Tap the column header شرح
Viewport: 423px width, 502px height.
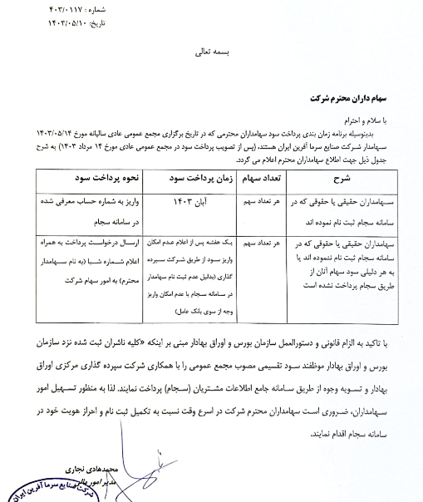(x=345, y=178)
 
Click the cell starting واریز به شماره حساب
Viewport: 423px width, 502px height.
(x=89, y=200)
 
